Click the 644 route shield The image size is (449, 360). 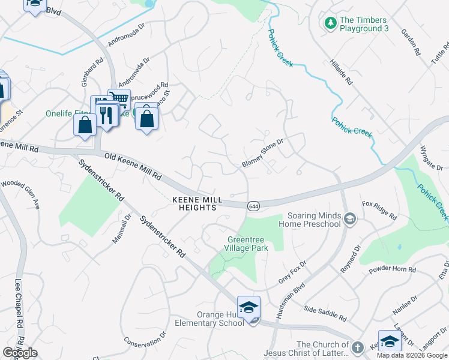point(253,205)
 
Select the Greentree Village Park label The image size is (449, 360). point(244,244)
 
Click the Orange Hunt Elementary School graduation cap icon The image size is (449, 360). point(249,307)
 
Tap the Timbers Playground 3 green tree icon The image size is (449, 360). point(330,23)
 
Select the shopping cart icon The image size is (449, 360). point(119,99)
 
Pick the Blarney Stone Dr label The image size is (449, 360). point(262,154)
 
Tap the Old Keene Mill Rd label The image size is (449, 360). point(133,166)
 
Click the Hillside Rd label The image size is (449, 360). point(341,71)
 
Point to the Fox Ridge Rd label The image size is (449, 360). point(379,210)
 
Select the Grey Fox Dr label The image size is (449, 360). point(292,272)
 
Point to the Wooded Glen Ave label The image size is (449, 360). point(20,194)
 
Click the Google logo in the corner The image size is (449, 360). point(20,353)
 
